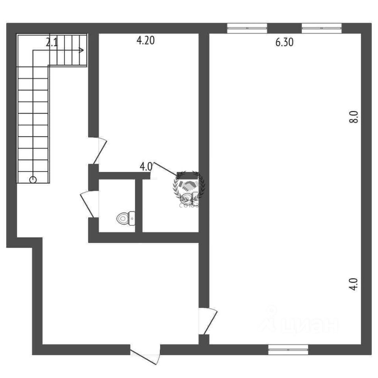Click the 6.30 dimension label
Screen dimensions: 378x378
284,43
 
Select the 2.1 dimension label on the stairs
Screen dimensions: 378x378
52,43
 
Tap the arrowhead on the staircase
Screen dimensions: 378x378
81,50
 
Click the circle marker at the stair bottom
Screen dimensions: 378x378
33,180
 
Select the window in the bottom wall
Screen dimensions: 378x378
288,349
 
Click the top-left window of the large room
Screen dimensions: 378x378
247,28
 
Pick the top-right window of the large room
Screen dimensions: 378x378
321,28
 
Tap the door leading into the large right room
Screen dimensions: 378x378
208,321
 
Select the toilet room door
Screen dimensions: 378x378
87,204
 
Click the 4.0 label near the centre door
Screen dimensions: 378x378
146,167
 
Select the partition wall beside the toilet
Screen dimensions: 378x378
139,205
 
